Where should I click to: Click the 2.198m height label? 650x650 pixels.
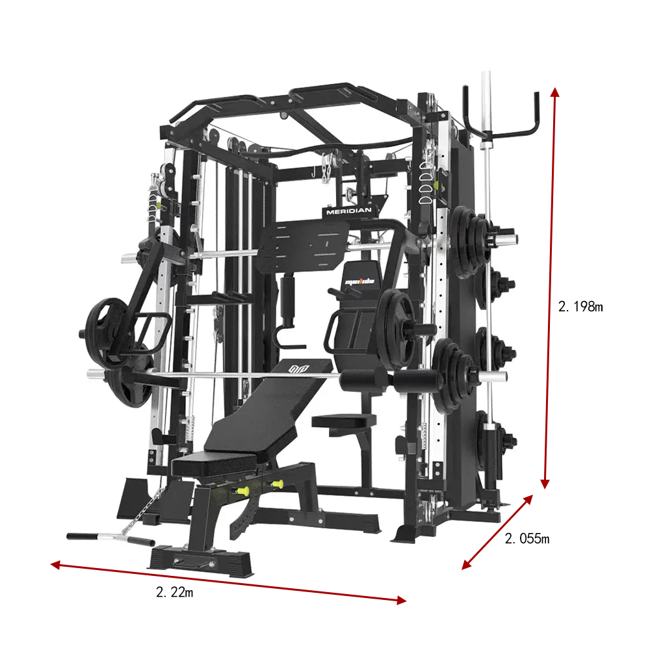pyautogui.click(x=580, y=307)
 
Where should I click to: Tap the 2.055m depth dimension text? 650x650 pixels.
pyautogui.click(x=527, y=538)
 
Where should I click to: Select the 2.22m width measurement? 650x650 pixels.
pyautogui.click(x=174, y=591)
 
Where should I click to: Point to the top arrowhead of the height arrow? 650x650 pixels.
pyautogui.click(x=554, y=91)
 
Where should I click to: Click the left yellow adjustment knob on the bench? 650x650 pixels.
pyautogui.click(x=244, y=490)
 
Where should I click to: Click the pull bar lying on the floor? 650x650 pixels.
pyautogui.click(x=109, y=538)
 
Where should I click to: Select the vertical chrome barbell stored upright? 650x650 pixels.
pyautogui.click(x=484, y=195)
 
